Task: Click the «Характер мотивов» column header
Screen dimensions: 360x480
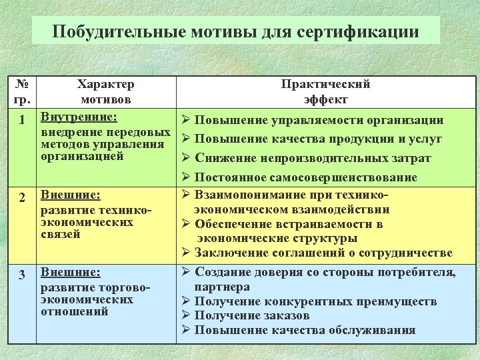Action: [105, 91]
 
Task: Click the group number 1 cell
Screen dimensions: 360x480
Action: [23, 121]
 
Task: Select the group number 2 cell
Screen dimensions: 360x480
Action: [23, 198]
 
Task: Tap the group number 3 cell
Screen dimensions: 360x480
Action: [23, 275]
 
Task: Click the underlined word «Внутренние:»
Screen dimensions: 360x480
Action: [79, 117]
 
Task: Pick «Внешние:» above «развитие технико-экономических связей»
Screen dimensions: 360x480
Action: [71, 195]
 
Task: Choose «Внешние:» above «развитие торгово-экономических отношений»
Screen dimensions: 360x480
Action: [71, 272]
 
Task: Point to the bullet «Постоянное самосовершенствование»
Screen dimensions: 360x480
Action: [306, 178]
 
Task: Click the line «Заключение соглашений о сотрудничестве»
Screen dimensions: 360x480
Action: [323, 253]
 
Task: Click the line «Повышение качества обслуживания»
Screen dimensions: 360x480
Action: [305, 330]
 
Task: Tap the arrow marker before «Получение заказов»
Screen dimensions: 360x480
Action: [186, 315]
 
